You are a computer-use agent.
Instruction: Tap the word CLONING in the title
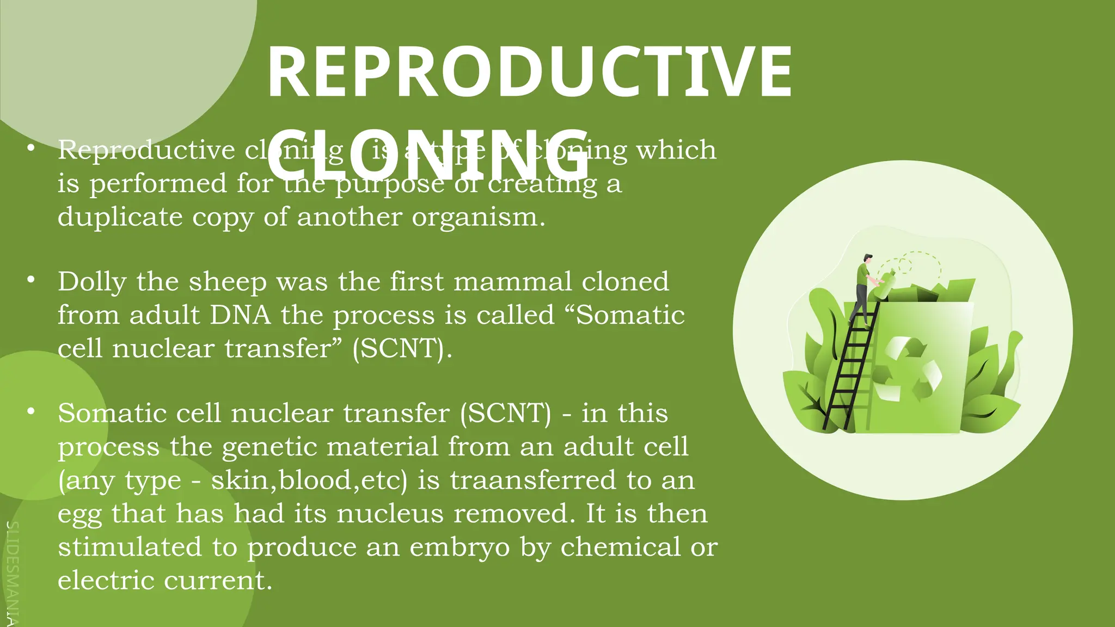pos(428,155)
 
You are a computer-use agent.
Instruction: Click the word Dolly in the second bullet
pos(92,282)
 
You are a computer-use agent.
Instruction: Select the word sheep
pos(228,282)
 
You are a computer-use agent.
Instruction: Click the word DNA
pos(240,315)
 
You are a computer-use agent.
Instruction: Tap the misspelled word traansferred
pos(533,481)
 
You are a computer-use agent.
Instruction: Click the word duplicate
pos(120,217)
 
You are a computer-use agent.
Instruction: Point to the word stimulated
pos(130,547)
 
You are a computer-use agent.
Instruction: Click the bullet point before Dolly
pos(32,280)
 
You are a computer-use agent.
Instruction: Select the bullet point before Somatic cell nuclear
pos(32,411)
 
